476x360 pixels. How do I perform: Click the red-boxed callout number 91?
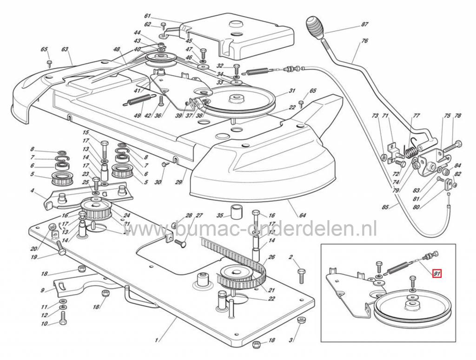pyautogui.click(x=436, y=274)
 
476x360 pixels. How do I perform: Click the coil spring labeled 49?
pyautogui.click(x=140, y=99)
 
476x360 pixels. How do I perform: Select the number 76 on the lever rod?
pyautogui.click(x=364, y=41)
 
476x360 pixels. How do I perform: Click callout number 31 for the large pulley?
pyautogui.click(x=292, y=91)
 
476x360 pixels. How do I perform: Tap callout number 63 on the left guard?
pyautogui.click(x=65, y=49)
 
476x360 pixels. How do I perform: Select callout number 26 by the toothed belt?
pyautogui.click(x=272, y=257)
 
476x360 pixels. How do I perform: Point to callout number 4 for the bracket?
pyautogui.click(x=33, y=190)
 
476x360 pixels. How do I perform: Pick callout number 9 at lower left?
pyautogui.click(x=43, y=290)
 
